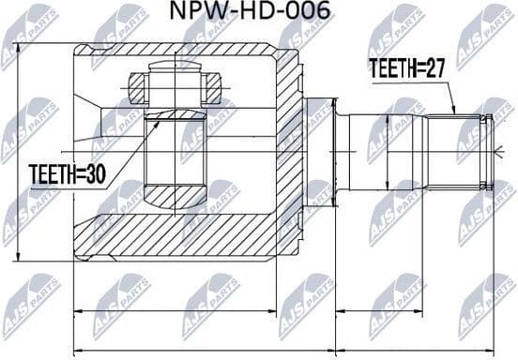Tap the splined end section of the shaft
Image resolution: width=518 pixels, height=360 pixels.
[458, 150]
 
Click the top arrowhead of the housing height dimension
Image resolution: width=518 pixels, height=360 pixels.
[18, 44]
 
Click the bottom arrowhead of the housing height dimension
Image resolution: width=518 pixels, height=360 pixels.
[18, 255]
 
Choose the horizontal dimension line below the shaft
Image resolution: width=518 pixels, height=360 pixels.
[414, 310]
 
